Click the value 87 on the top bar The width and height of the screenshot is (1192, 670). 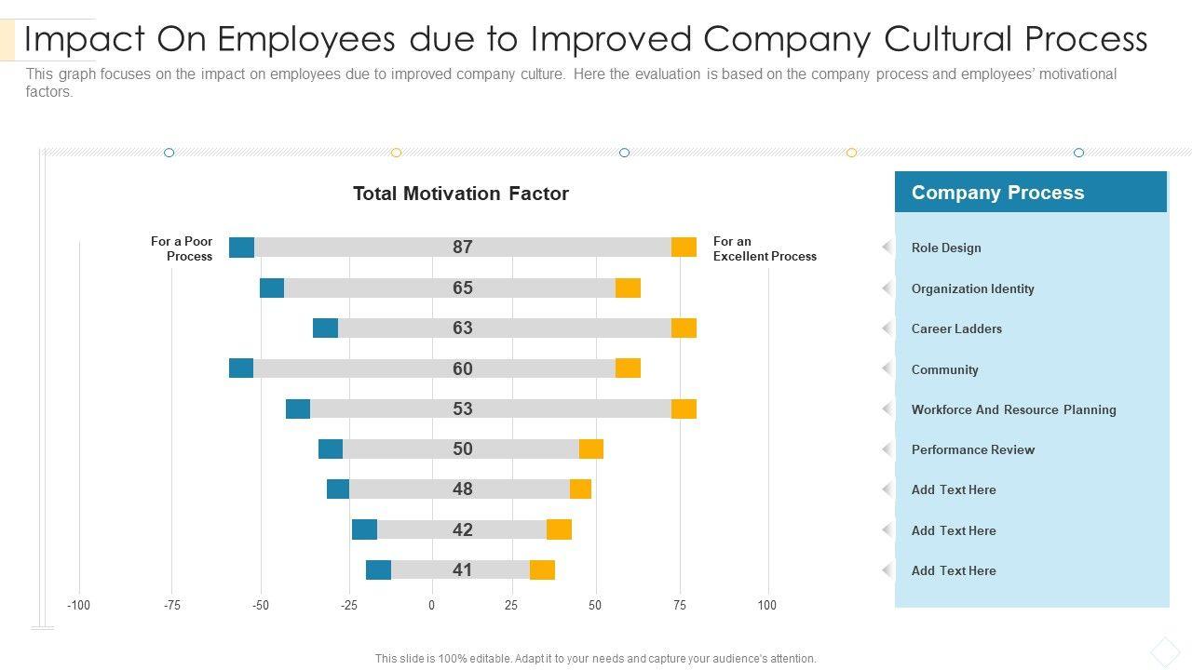pos(463,247)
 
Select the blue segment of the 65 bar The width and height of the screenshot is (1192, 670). pos(272,288)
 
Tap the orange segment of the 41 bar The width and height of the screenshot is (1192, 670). pos(542,570)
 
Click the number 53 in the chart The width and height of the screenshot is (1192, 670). pos(463,409)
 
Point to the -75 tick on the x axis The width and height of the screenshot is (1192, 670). pos(172,606)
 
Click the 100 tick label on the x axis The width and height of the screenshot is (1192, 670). pos(766,606)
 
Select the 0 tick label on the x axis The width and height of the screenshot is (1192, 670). pos(431,606)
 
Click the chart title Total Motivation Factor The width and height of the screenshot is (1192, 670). pos(460,194)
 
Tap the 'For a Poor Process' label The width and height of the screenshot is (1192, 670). pos(182,248)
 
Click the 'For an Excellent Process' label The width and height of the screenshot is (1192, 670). pos(764,248)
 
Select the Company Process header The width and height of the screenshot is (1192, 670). pos(997,193)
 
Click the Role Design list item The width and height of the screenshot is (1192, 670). pos(946,248)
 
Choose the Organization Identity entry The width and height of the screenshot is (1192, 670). pos(972,288)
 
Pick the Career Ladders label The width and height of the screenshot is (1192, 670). pos(956,328)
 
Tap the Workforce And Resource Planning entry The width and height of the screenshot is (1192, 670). pos(1013,409)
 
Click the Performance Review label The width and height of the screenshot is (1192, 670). pos(972,449)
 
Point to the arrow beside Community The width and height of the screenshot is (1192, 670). pos(887,368)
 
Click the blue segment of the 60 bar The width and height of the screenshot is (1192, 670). pos(241,368)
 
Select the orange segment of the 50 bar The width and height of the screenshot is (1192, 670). pos(591,449)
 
